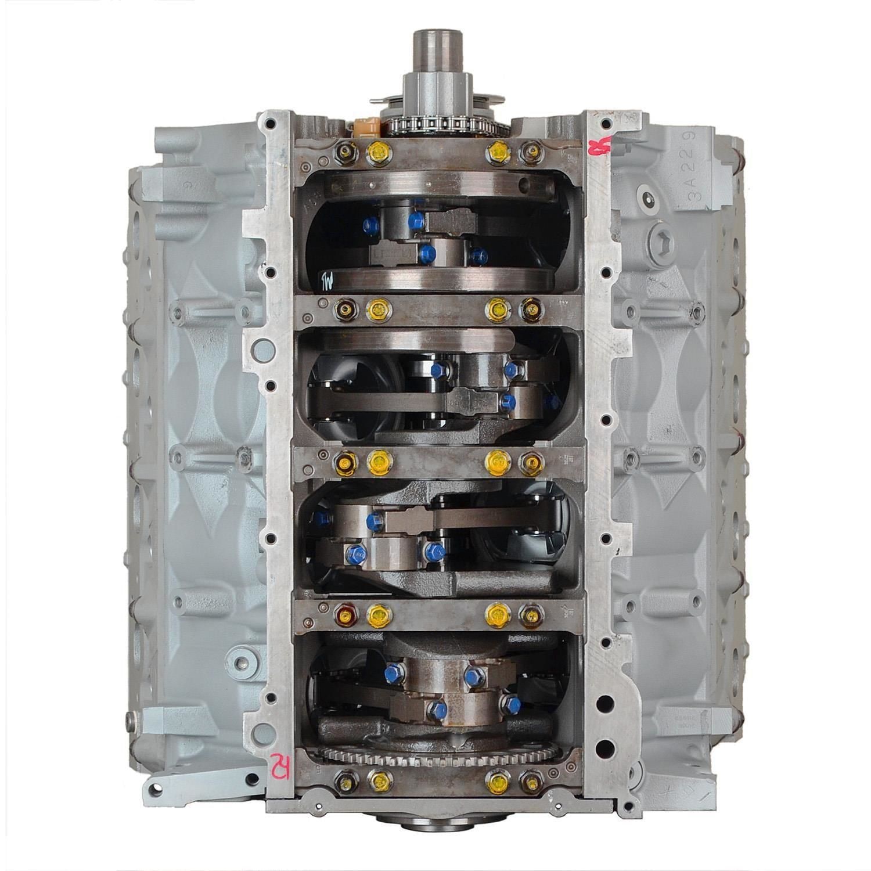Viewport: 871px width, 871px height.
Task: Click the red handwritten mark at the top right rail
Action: (x=595, y=146)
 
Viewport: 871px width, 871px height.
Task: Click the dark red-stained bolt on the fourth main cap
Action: (x=345, y=611)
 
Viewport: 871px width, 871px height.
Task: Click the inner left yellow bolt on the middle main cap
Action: (x=377, y=462)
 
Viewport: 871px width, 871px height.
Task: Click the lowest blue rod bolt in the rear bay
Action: (x=437, y=710)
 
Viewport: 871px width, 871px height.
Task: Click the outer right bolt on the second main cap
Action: (x=530, y=307)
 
